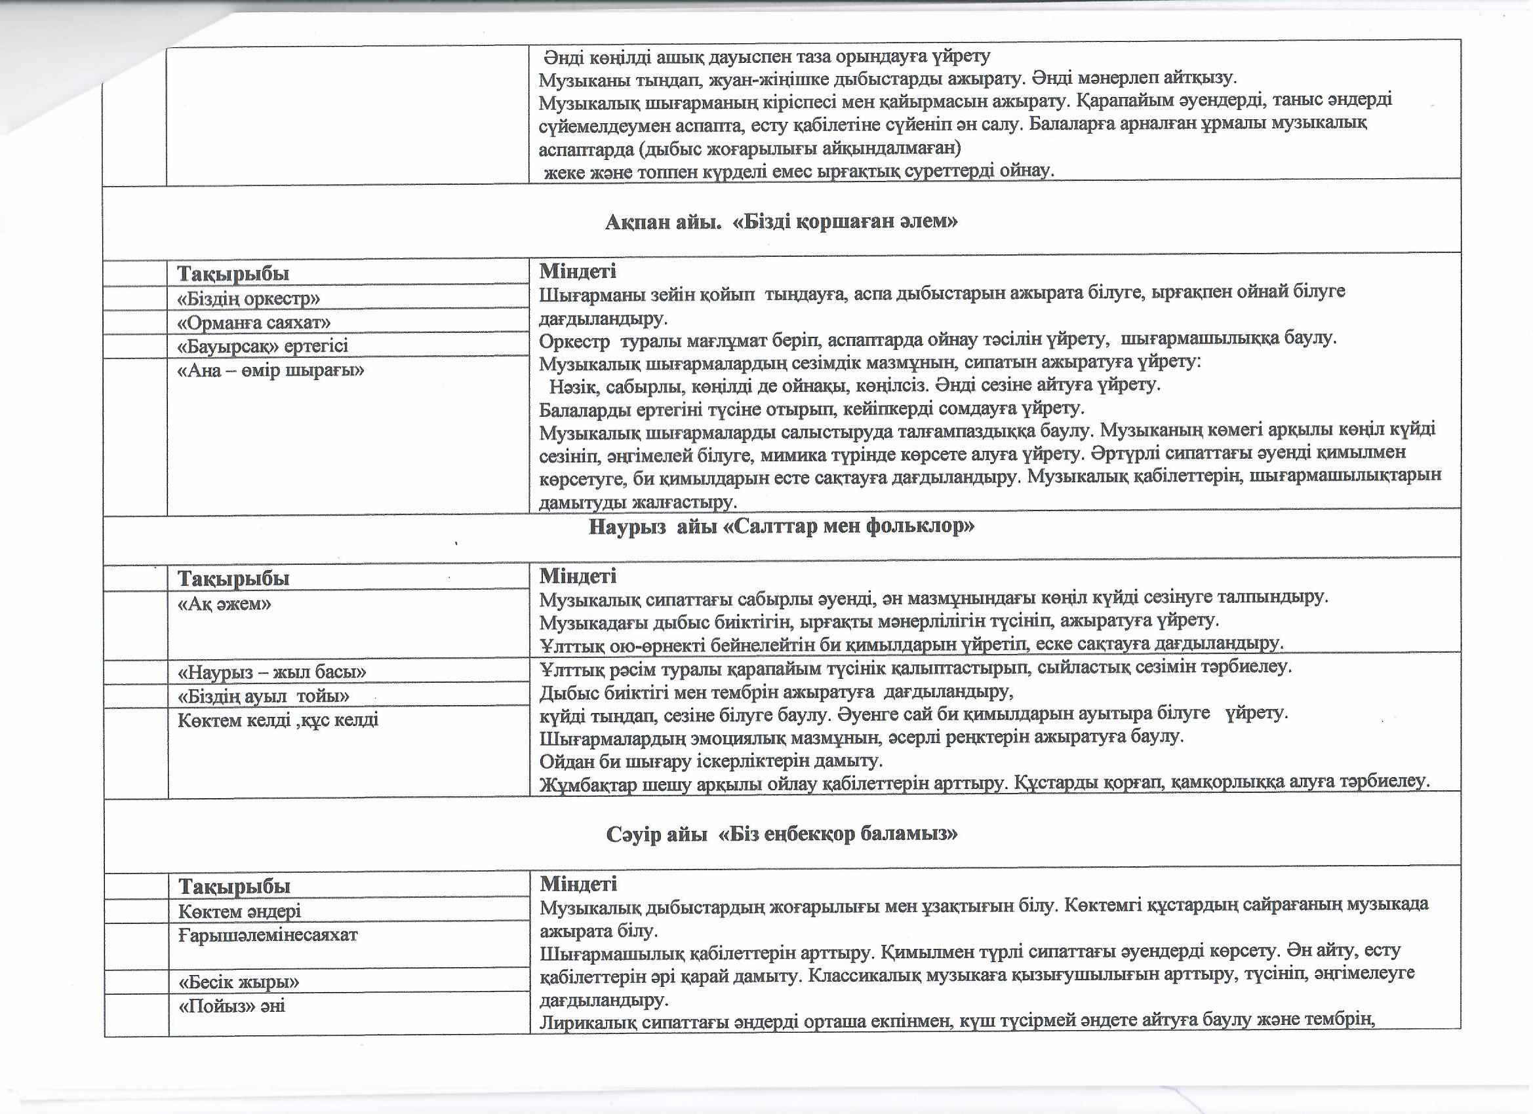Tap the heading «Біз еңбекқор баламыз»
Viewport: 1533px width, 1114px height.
coord(838,834)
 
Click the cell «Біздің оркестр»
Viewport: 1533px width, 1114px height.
coord(249,299)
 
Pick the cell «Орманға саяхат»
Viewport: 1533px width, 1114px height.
coord(254,322)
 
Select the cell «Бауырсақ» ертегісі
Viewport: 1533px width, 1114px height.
coord(263,347)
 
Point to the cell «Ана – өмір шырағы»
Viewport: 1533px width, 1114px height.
coord(270,370)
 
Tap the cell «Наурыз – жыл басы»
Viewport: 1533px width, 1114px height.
coord(271,672)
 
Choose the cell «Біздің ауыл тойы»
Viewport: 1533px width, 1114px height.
coord(264,696)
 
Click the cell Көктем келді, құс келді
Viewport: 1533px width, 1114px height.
coord(278,720)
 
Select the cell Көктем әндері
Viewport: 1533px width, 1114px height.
coord(239,912)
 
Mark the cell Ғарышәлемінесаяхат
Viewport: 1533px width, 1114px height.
coord(268,935)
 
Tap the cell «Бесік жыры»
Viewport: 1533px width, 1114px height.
coord(239,982)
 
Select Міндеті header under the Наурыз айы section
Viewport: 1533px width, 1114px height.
coord(578,576)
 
